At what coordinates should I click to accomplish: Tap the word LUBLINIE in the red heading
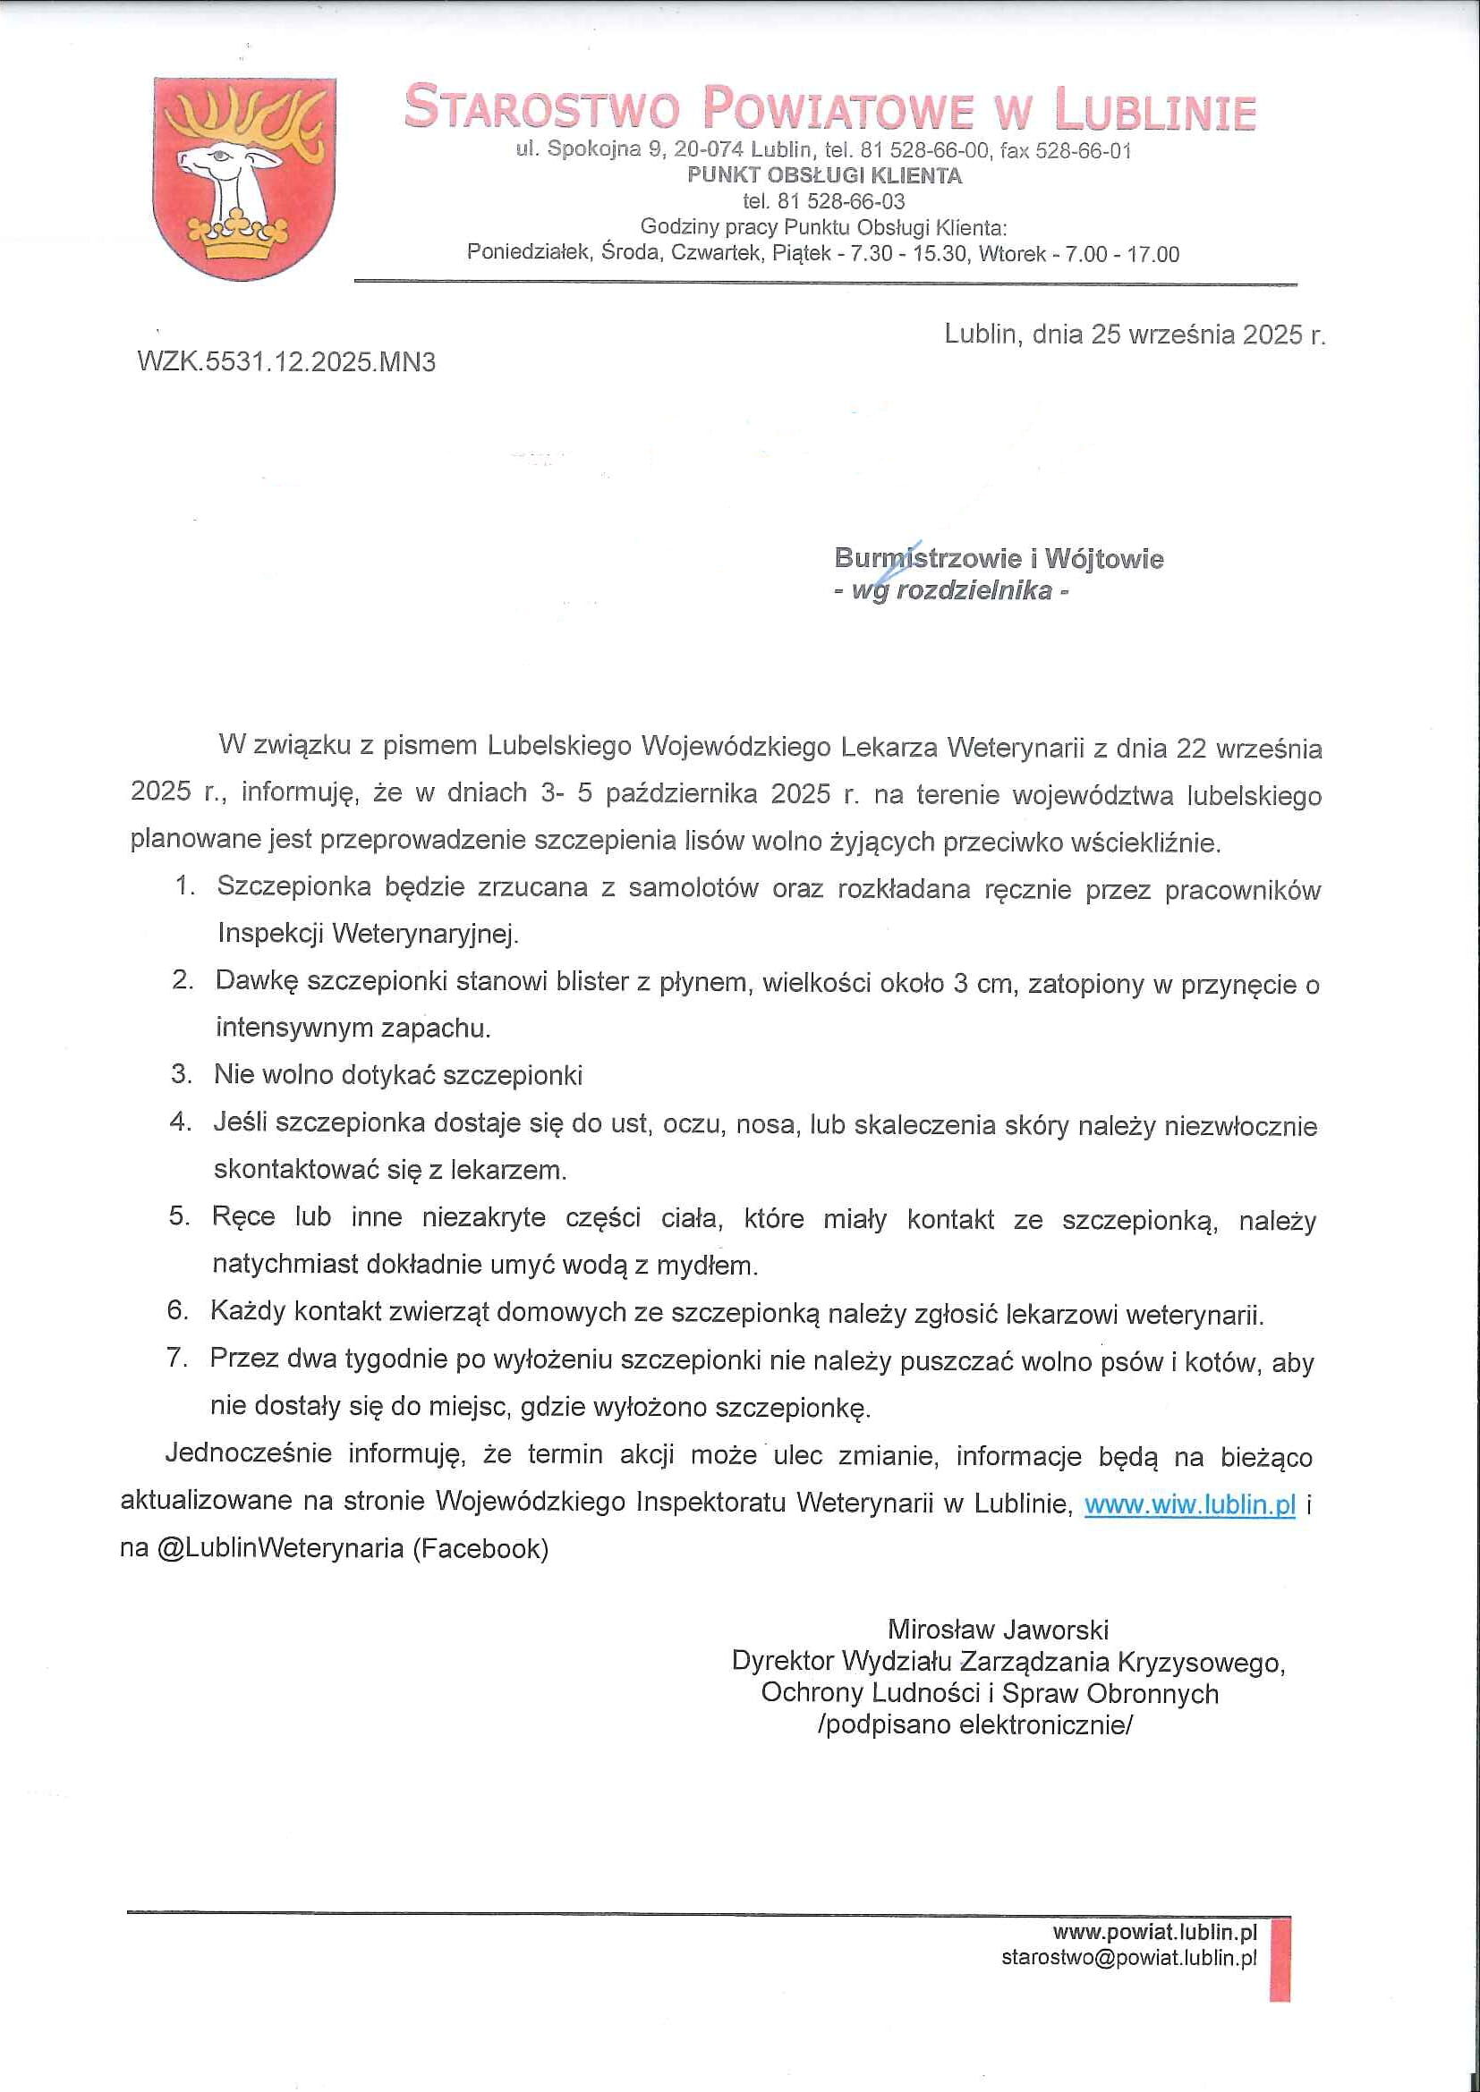point(1154,110)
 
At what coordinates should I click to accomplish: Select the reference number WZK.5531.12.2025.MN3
point(286,362)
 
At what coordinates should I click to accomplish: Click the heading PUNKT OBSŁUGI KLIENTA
point(824,176)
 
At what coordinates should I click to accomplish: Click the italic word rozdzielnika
point(974,590)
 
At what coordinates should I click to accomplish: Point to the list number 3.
point(183,1073)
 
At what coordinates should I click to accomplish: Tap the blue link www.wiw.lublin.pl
point(1188,1504)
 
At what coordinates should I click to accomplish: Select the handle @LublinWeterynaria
point(281,1549)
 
